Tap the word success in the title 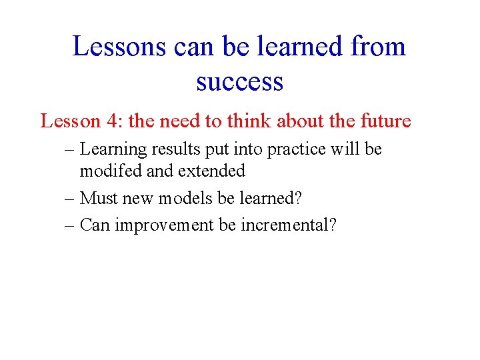coord(239,81)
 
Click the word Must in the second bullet coord(96,198)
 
